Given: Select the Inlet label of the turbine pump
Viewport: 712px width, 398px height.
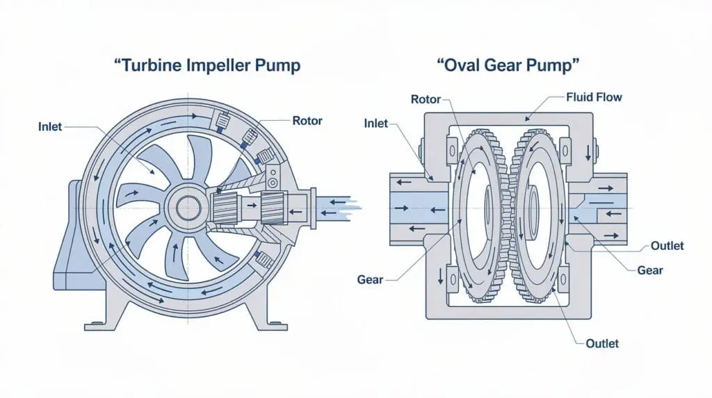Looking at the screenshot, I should [50, 126].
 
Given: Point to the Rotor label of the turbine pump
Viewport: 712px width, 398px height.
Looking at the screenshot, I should [307, 121].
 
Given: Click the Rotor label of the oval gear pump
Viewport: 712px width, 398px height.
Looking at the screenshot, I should [426, 99].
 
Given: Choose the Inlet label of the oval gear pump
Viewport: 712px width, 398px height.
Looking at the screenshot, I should [376, 123].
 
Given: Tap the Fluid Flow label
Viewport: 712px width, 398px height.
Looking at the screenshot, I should [594, 97].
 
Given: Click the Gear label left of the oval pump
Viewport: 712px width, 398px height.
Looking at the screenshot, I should [369, 279].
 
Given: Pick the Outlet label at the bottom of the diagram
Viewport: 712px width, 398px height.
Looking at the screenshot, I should [601, 343].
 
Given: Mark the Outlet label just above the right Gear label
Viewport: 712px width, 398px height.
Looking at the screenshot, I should [667, 246].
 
